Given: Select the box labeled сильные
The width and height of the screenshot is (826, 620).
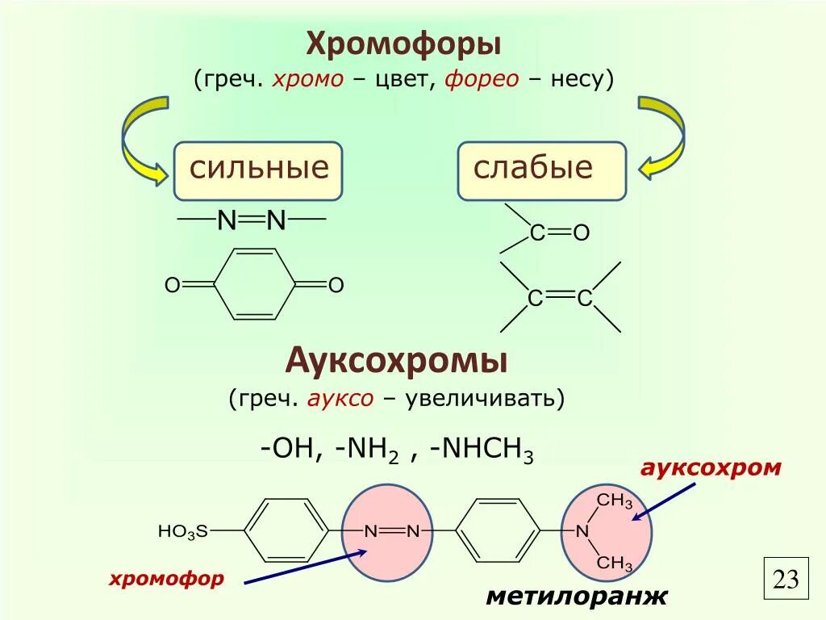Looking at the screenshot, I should click(258, 170).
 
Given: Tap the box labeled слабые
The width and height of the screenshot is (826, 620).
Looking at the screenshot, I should click(541, 170).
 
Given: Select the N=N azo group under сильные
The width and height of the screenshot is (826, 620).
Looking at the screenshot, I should click(252, 220).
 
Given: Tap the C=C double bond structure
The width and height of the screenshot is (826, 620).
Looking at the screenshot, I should click(561, 299).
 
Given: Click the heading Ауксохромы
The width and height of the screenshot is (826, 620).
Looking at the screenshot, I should click(397, 360).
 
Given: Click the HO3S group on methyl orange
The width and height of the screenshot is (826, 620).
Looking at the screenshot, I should click(183, 531).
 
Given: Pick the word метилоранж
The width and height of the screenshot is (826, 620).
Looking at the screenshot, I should click(577, 597).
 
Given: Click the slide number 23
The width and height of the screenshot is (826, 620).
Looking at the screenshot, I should click(786, 579).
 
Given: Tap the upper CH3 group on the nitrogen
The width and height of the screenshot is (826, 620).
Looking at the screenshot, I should click(615, 501).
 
